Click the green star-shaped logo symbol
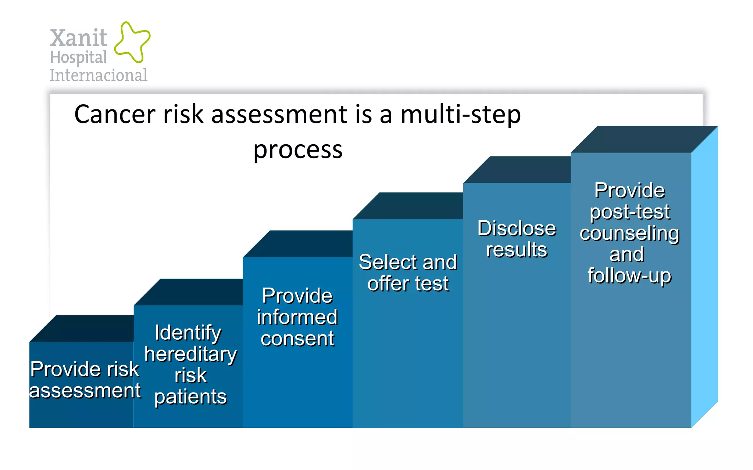click(x=132, y=42)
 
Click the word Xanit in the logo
click(x=78, y=38)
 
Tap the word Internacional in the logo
click(x=99, y=75)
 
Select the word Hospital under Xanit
click(x=78, y=58)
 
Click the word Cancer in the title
click(x=115, y=114)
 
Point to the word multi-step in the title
click(x=460, y=114)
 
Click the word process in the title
click(x=298, y=150)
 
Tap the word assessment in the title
click(x=279, y=114)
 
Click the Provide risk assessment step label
click(x=85, y=380)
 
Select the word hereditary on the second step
click(x=190, y=354)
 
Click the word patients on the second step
click(x=190, y=397)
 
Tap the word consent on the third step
click(x=297, y=339)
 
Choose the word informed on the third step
click(x=297, y=317)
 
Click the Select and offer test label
click(x=408, y=273)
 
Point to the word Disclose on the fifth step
click(x=517, y=228)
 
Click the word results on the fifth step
click(x=517, y=250)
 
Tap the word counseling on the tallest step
click(x=629, y=234)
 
